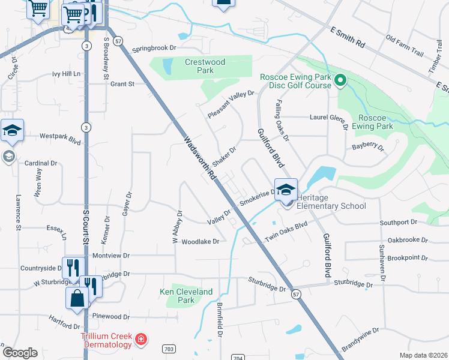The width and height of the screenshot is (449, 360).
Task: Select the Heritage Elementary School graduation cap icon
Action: point(286,188)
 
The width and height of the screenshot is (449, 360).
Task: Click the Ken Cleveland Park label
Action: point(186,296)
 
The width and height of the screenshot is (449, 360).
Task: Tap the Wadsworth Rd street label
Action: point(199,159)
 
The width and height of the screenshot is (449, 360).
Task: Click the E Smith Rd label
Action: point(348,37)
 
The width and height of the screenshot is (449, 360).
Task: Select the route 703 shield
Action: point(169,348)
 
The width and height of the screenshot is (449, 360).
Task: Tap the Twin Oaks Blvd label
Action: point(286,231)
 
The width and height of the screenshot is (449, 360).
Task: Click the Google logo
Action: point(20,353)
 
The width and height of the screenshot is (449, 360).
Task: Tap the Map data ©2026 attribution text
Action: point(423,355)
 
